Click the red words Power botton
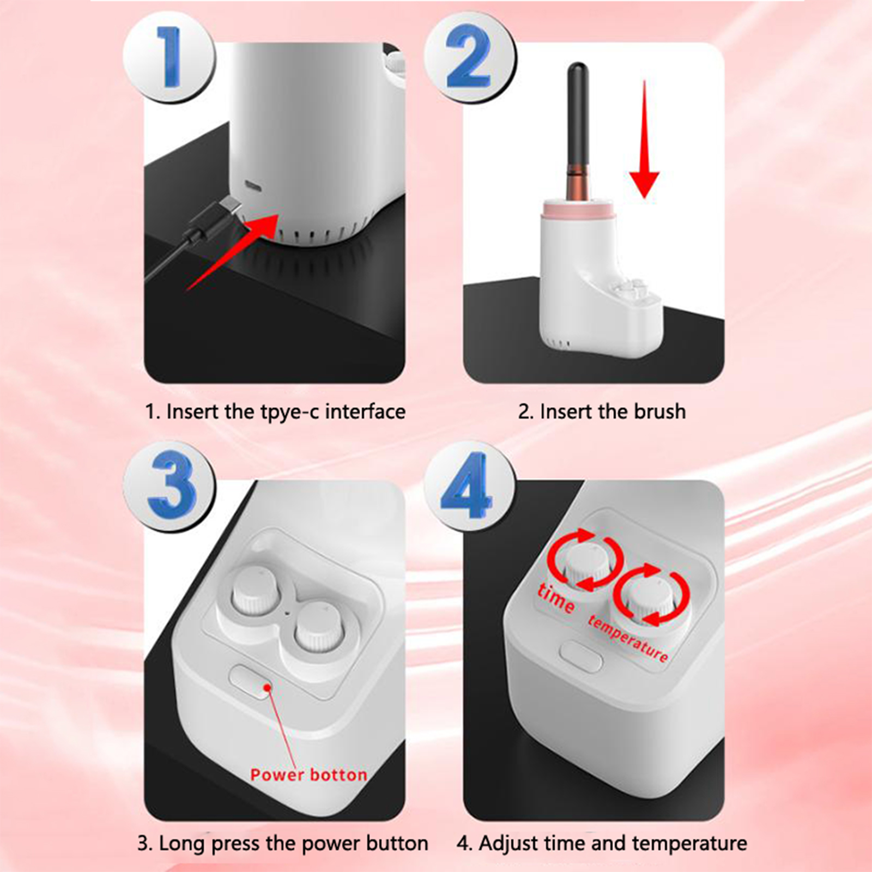[308, 774]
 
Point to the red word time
[556, 598]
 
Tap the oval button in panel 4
[581, 657]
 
